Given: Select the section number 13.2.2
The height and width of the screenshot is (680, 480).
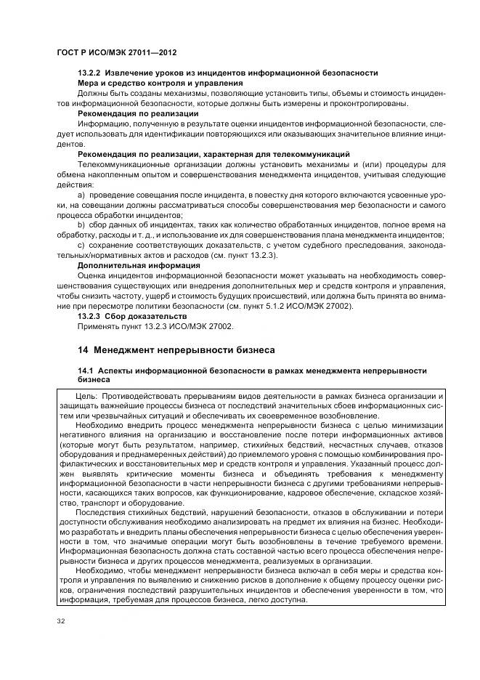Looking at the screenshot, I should pyautogui.click(x=89, y=73).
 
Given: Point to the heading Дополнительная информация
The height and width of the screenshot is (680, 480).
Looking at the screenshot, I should pyautogui.click(x=139, y=265).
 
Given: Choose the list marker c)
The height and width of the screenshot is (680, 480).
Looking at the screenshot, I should pyautogui.click(x=81, y=246).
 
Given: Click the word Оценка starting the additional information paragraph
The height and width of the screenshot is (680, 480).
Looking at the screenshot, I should pyautogui.click(x=92, y=275).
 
